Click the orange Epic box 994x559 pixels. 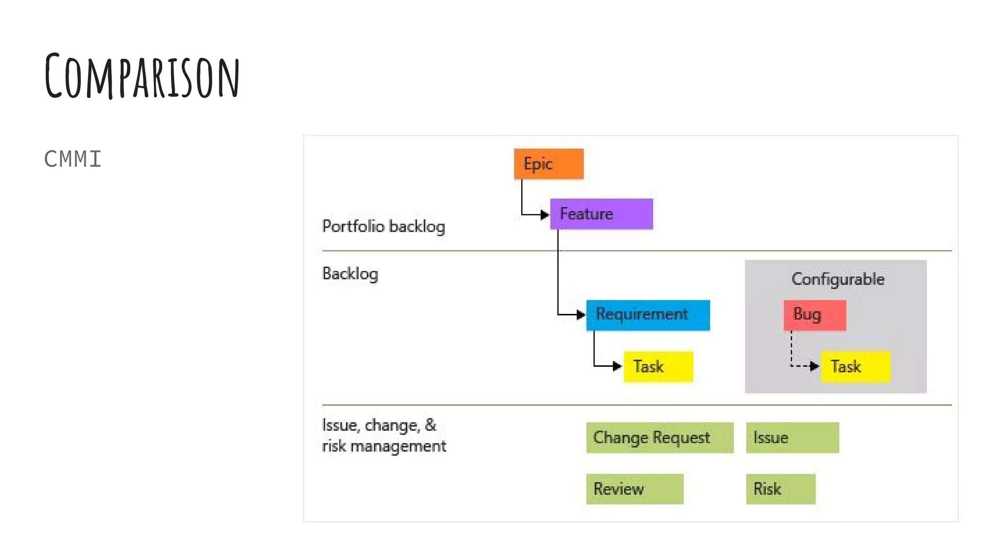[x=548, y=164]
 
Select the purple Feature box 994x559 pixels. [x=601, y=214]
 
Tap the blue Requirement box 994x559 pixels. [x=647, y=315]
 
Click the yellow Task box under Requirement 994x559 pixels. [x=658, y=366]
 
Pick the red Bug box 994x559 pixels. [x=814, y=315]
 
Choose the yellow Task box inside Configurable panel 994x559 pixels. [x=856, y=366]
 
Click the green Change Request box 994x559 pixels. [x=660, y=438]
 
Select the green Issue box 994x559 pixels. [x=792, y=438]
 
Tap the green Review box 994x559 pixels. [x=634, y=489]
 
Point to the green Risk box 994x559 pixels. [x=780, y=489]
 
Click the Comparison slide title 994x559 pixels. [x=142, y=76]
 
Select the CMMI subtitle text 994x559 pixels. [x=73, y=159]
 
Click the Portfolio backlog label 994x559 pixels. [x=383, y=227]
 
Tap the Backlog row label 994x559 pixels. [x=350, y=274]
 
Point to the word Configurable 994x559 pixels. [x=838, y=279]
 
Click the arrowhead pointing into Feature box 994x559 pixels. [x=545, y=214]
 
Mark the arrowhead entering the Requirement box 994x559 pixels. [x=580, y=315]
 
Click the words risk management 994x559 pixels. [x=383, y=446]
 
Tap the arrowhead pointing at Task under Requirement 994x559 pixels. [x=617, y=366]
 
